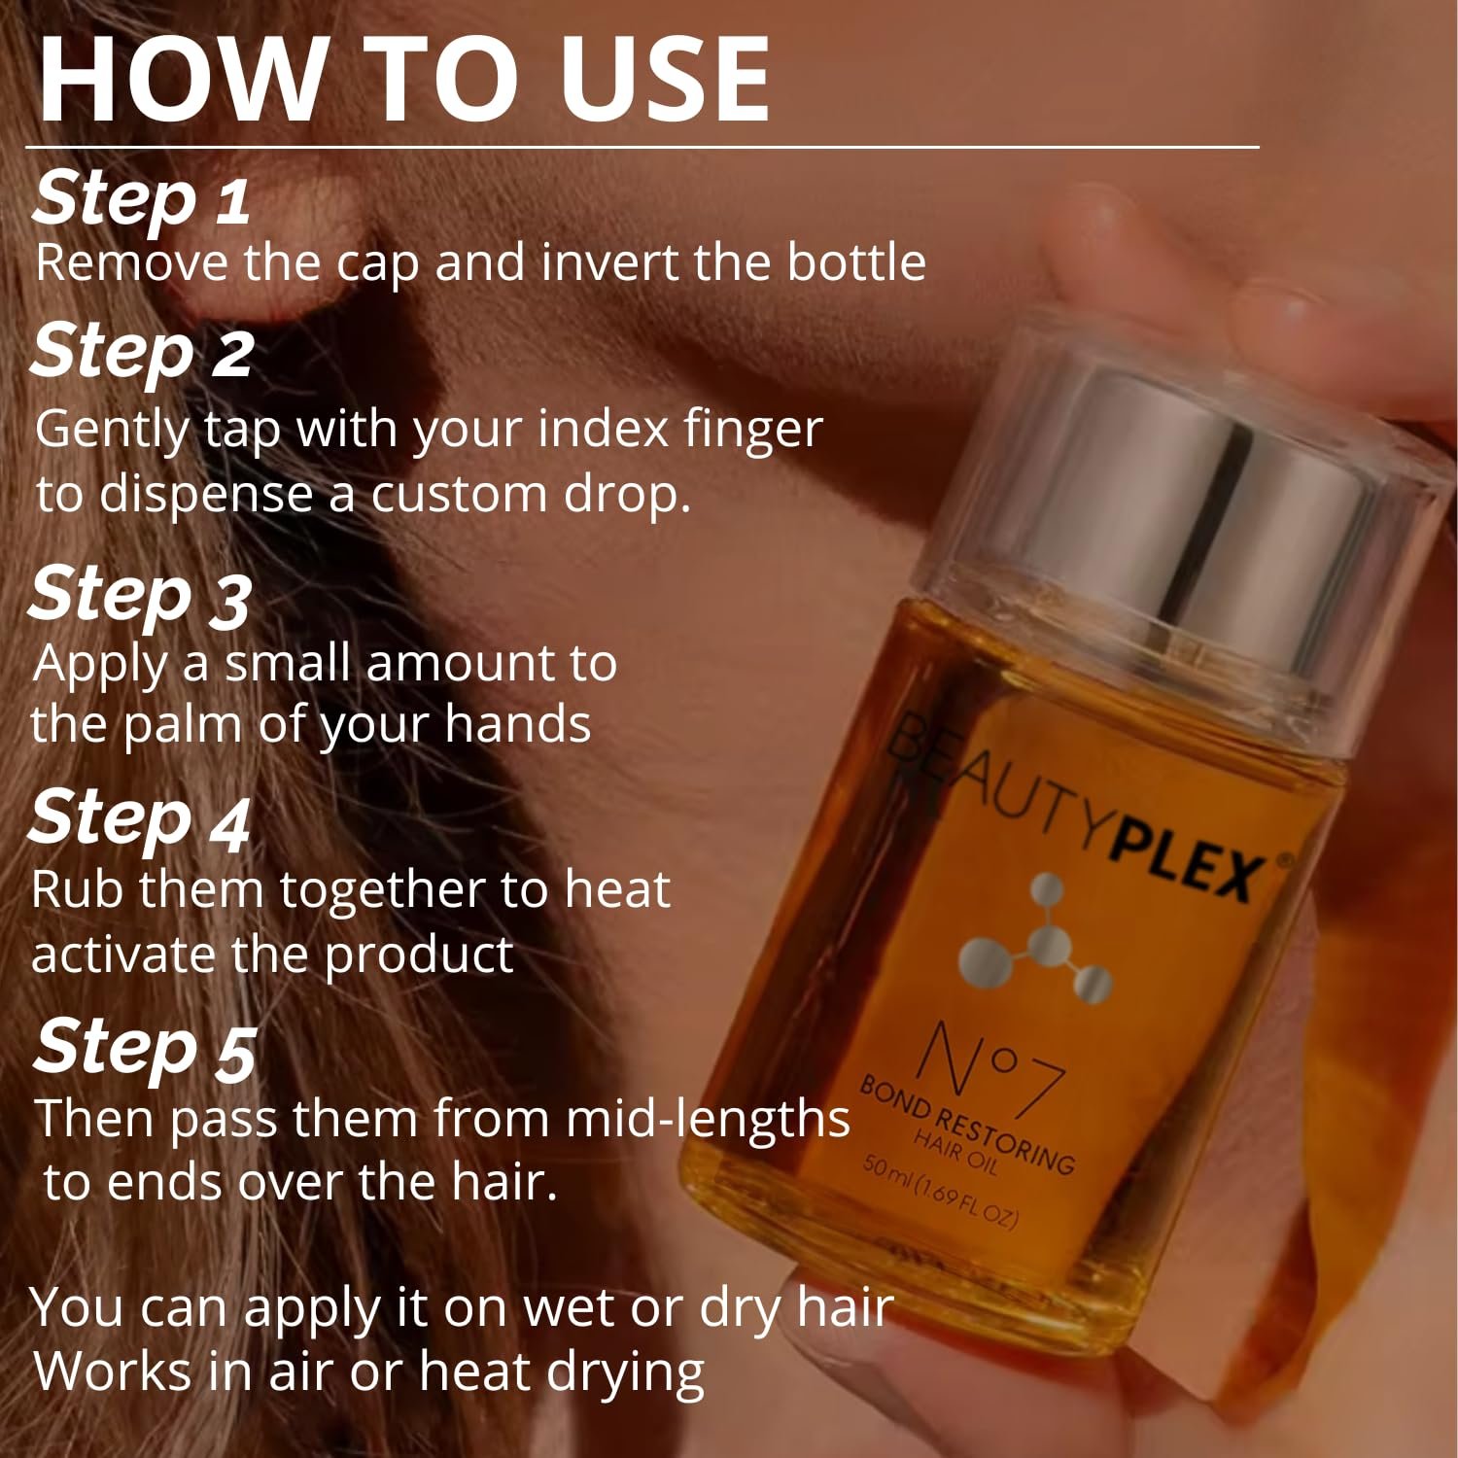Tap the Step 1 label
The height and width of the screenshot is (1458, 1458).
[x=142, y=198]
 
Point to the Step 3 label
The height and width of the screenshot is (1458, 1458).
[x=141, y=595]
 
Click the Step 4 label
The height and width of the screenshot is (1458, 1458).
[x=141, y=818]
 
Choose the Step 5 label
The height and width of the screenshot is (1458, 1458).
[x=146, y=1048]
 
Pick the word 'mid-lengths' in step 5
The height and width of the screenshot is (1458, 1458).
[x=708, y=1119]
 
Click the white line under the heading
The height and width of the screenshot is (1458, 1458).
[x=642, y=148]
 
